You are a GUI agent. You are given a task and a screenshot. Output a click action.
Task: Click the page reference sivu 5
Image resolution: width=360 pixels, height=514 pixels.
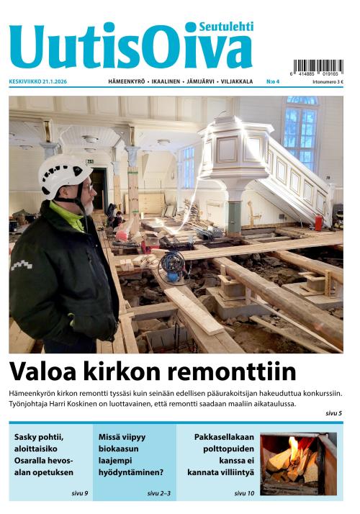tap(333, 413)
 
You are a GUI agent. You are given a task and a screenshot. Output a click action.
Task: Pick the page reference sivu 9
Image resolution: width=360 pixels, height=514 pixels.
tap(79, 493)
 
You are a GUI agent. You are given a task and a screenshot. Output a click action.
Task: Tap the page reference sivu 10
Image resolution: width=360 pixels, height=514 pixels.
tap(244, 493)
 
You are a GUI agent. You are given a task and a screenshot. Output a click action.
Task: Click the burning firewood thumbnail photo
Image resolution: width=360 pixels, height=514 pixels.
tap(298, 464)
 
